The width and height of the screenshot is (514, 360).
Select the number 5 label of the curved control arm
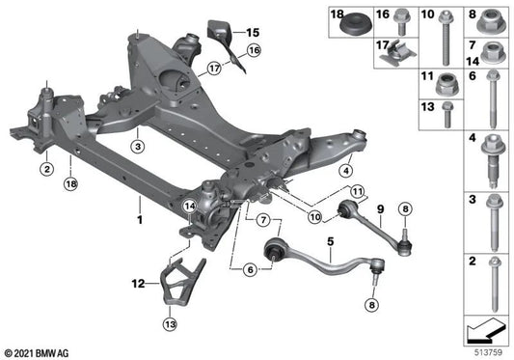[303, 240]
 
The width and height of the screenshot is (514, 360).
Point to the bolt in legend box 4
[490, 164]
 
